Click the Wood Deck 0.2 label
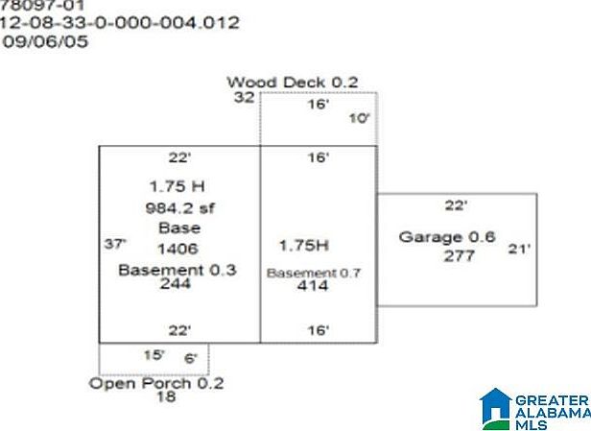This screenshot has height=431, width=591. pyautogui.click(x=292, y=83)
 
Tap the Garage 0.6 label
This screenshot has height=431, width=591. pyautogui.click(x=447, y=237)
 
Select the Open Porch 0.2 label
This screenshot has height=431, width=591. pyautogui.click(x=156, y=383)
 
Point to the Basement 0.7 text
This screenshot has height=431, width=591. pyautogui.click(x=314, y=273)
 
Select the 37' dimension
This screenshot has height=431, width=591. pyautogui.click(x=115, y=244)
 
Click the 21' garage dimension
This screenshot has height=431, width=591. pyautogui.click(x=519, y=249)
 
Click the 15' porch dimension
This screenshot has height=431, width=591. pyautogui.click(x=154, y=355)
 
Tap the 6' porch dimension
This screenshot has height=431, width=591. pyautogui.click(x=191, y=359)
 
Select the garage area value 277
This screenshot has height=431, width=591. pyautogui.click(x=459, y=256)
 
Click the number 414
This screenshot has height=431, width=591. pyautogui.click(x=313, y=286)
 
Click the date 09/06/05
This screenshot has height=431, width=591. pyautogui.click(x=48, y=42)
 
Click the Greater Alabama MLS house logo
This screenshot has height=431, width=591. pyautogui.click(x=496, y=408)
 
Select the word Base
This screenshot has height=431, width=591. pyautogui.click(x=179, y=228)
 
